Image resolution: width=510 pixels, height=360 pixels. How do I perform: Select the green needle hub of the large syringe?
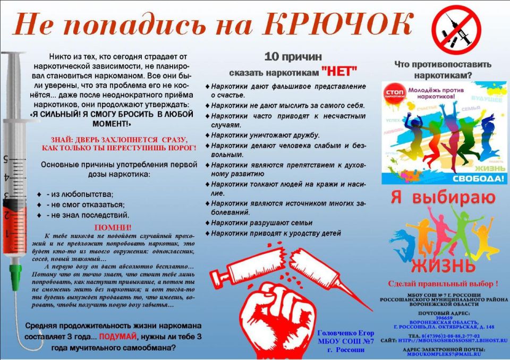click(x=15, y=274)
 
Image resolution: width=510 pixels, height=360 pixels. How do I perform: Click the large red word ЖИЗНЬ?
click(x=443, y=264)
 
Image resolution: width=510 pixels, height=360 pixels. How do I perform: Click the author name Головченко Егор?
click(x=345, y=333)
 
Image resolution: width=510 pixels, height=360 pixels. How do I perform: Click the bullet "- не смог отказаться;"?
click(x=85, y=204)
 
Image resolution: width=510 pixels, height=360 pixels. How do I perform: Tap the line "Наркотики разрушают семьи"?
click(x=262, y=223)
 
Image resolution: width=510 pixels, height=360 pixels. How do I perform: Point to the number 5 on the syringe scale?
click(x=5, y=159)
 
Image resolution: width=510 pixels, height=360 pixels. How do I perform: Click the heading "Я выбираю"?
click(x=443, y=198)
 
